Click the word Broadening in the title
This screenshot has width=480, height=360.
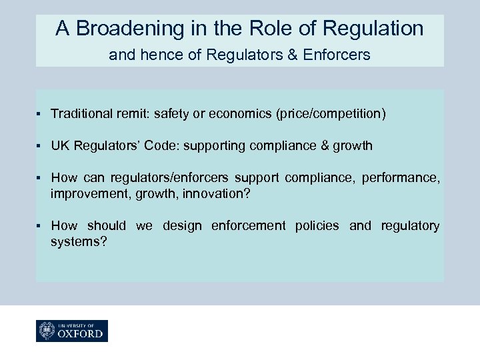point(131,28)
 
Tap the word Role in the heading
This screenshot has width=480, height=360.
point(275,28)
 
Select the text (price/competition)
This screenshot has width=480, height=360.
point(330,114)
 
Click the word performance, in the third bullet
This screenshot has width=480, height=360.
point(403,179)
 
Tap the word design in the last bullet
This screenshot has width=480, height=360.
point(181,226)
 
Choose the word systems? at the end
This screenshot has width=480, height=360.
point(79,241)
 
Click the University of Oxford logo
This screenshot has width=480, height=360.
point(72,331)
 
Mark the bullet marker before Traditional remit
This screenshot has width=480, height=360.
point(41,114)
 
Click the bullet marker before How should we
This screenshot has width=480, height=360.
point(41,226)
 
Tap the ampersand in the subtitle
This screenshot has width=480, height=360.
point(293,55)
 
